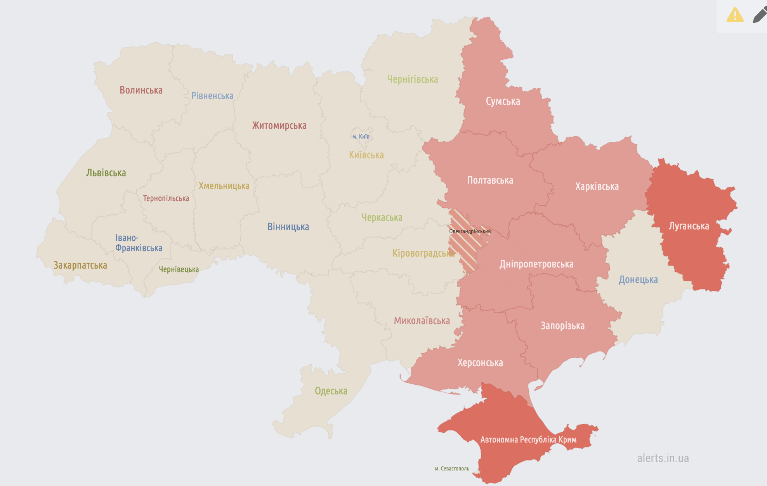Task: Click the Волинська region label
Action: tap(141, 90)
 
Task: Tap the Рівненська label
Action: tap(212, 96)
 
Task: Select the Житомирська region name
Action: tap(279, 125)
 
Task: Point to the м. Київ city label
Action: tap(361, 137)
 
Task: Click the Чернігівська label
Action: tap(413, 79)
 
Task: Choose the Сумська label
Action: tap(503, 101)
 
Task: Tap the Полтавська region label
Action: tap(490, 180)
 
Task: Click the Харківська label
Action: tap(597, 186)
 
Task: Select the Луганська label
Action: tap(689, 226)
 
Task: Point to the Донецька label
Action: tap(638, 279)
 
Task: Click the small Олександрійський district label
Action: tap(470, 231)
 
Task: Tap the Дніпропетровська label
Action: tap(536, 264)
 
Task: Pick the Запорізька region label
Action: tap(562, 326)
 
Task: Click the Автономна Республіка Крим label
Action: tap(528, 439)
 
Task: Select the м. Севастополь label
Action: tap(452, 469)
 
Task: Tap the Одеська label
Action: tap(331, 391)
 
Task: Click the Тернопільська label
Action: tap(166, 198)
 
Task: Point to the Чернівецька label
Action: tap(179, 269)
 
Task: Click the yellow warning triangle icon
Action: tap(735, 15)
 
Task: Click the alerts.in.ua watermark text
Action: tap(663, 458)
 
